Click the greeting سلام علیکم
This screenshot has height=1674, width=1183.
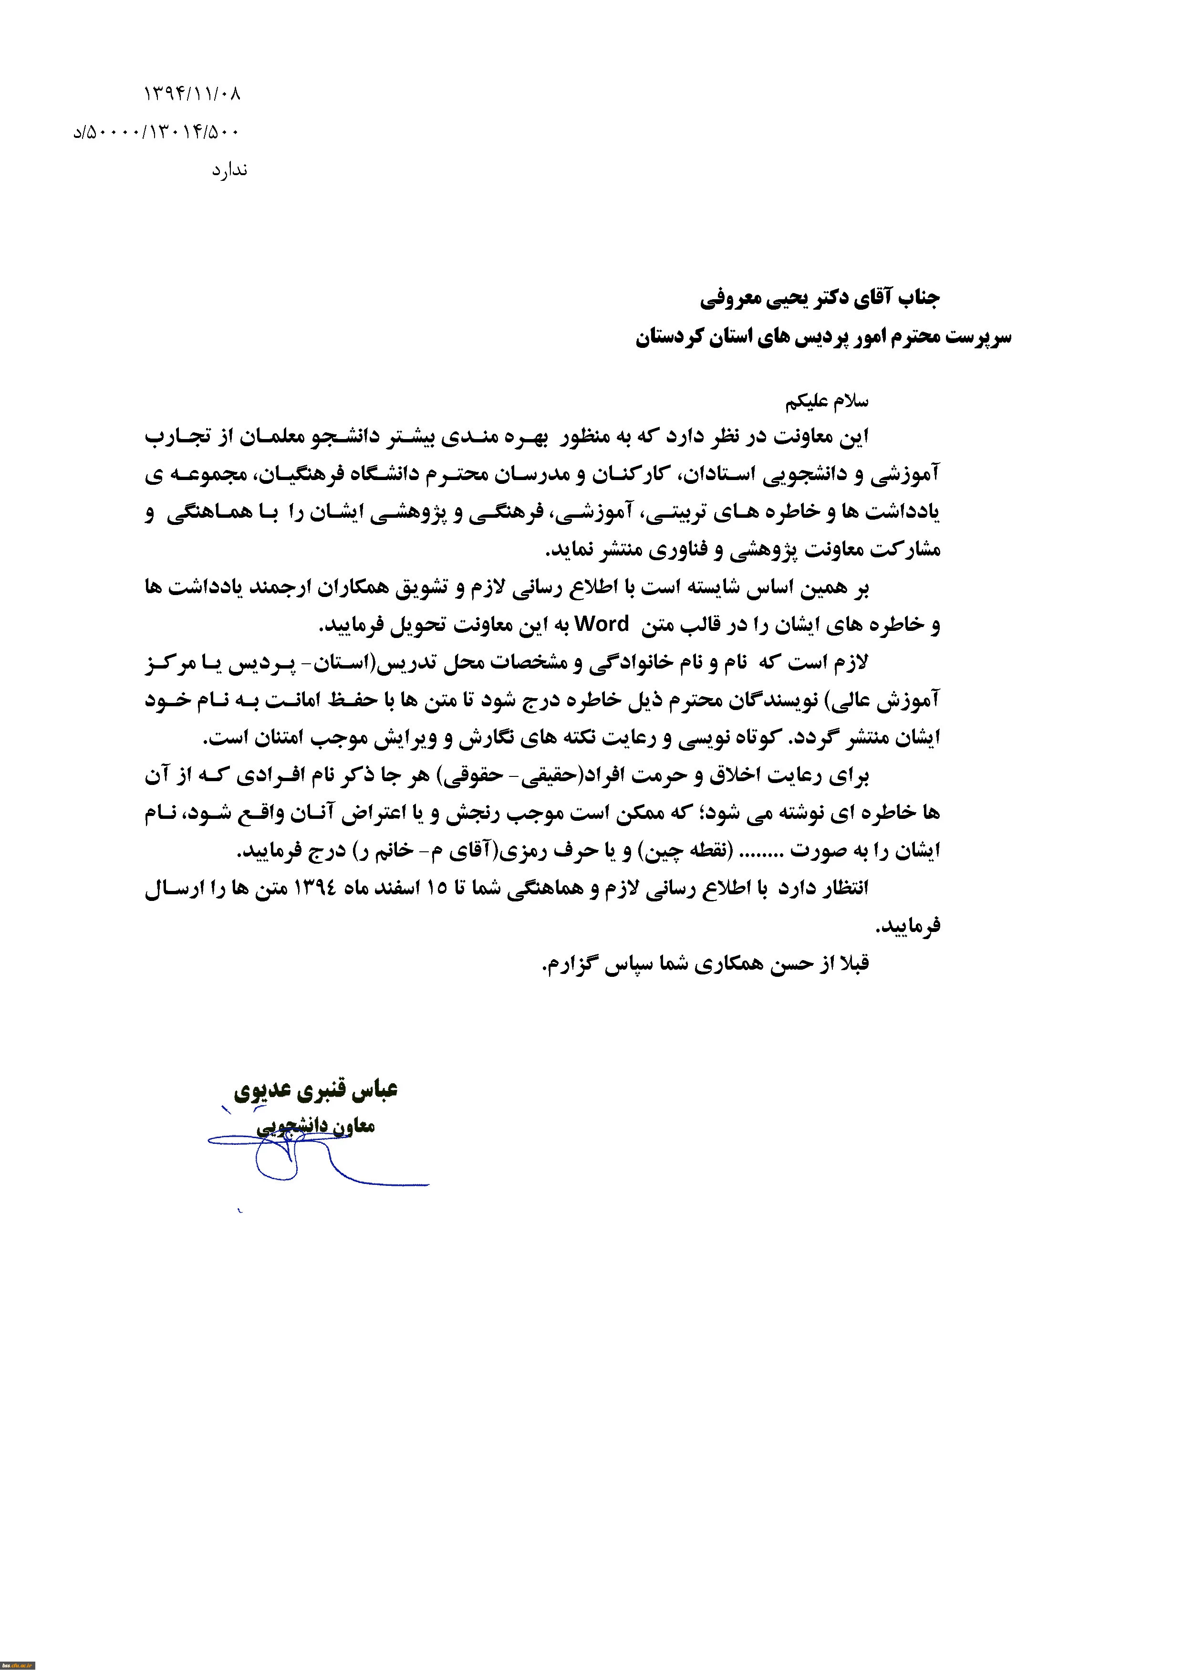coord(827,402)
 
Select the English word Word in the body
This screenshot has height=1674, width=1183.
coord(602,624)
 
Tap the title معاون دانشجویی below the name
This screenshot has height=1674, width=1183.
coord(316,1127)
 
